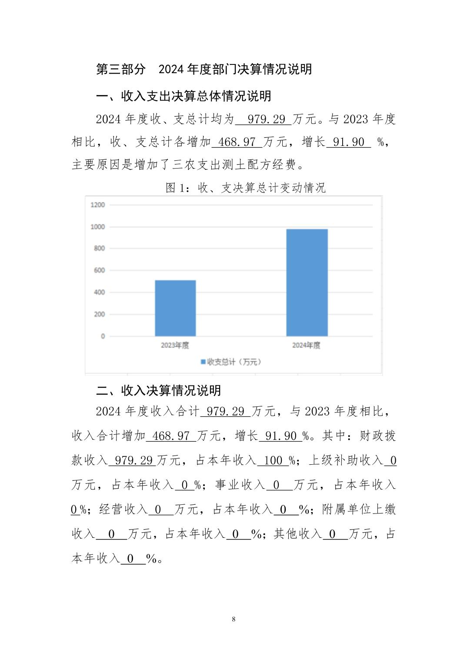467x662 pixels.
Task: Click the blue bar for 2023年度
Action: click(175, 308)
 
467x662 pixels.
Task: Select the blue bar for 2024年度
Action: click(307, 282)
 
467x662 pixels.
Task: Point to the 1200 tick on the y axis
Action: click(98, 205)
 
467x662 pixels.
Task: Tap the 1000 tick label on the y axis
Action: click(98, 227)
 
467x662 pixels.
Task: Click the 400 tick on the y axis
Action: click(99, 292)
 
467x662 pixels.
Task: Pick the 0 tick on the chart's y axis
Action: click(103, 336)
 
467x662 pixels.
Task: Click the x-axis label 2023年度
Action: click(175, 345)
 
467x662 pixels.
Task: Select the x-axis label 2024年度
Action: click(306, 345)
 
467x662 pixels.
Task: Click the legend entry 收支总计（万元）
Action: click(231, 362)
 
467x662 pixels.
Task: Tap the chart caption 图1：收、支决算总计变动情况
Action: click(246, 188)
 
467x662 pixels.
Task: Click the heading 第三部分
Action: click(120, 69)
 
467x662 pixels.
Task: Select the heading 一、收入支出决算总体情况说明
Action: click(183, 96)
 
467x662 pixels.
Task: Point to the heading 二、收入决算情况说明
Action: click(158, 390)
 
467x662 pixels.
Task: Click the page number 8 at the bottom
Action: click(234, 619)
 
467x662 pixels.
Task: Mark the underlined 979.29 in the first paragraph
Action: click(263, 119)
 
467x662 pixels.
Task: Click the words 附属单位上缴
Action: click(359, 510)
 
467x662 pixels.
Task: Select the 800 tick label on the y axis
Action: click(99, 248)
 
